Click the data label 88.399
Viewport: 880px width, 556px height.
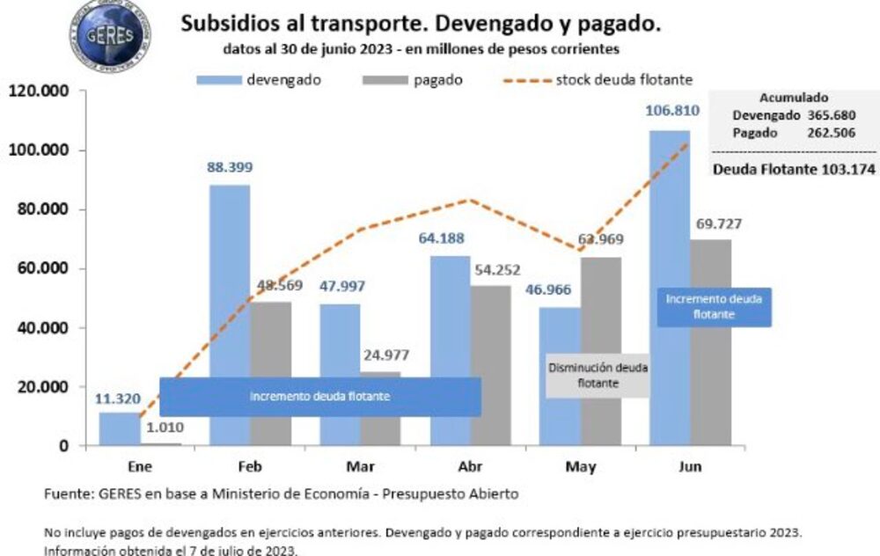tap(229, 166)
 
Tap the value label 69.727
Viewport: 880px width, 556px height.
tap(711, 223)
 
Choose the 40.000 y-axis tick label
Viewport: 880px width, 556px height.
tap(43, 327)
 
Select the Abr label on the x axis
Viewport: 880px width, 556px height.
tap(471, 466)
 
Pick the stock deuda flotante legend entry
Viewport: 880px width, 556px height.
tap(598, 80)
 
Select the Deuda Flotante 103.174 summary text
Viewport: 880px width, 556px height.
tap(794, 169)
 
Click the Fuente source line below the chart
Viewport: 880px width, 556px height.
tap(282, 494)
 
